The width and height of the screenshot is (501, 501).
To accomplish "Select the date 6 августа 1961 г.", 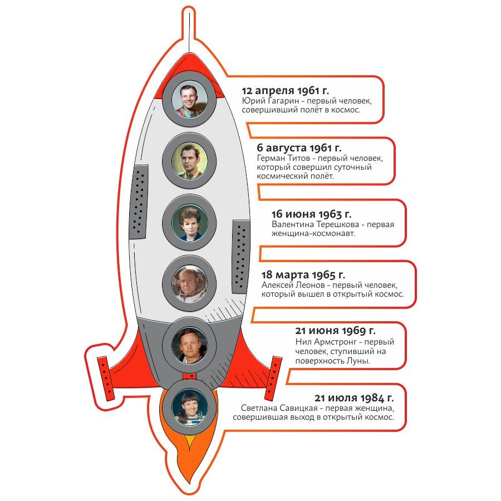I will tap(299, 148).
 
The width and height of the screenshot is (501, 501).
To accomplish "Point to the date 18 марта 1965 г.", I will tap(303, 274).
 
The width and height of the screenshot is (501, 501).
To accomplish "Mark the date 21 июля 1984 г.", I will tap(354, 397).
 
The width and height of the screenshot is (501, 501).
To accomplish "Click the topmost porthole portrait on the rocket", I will tap(189, 99).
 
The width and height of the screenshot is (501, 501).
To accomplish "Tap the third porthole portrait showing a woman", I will tap(189, 222).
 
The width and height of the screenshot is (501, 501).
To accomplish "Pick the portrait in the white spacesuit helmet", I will tap(189, 283).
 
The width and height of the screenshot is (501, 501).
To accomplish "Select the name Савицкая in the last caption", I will tap(301, 408).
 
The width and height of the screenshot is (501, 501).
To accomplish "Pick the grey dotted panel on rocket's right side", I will tap(240, 256).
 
